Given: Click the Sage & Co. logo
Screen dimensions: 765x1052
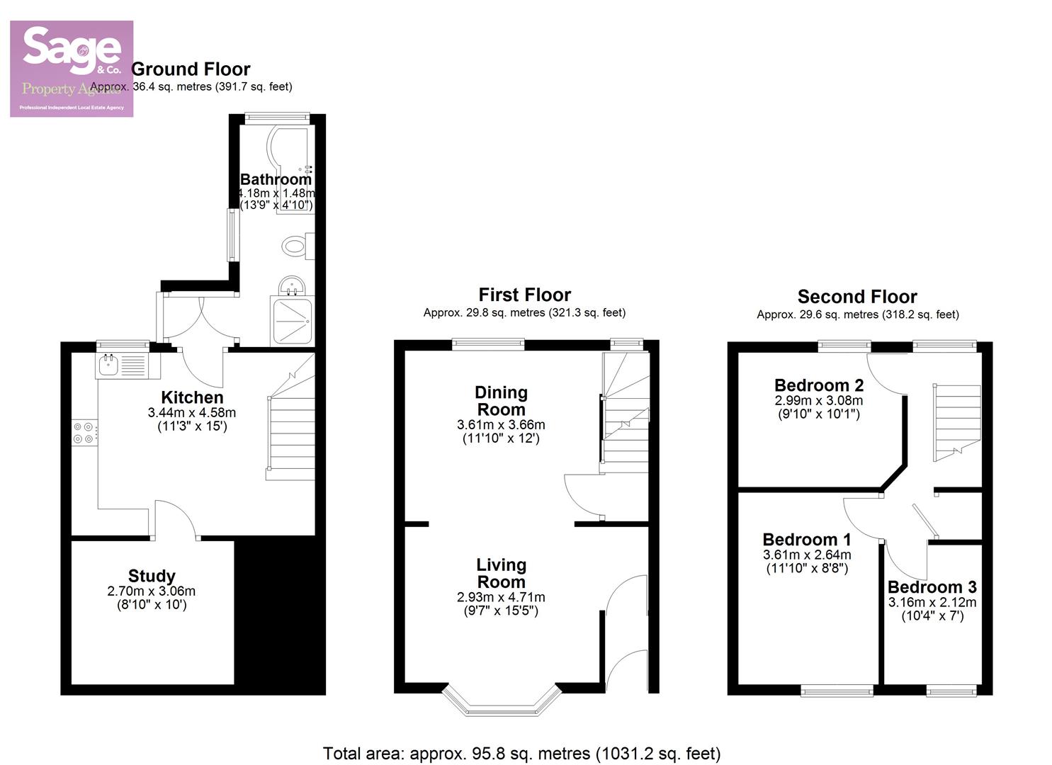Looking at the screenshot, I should [71, 69].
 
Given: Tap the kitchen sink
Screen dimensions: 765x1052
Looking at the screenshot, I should [121, 365].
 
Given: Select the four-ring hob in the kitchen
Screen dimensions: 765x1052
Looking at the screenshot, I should [84, 433].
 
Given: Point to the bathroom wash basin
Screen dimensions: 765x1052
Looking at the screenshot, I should [291, 286].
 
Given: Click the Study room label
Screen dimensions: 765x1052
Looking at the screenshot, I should [152, 576].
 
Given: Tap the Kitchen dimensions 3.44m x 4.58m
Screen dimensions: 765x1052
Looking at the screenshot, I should [192, 412].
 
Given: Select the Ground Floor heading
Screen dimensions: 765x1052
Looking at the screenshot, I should [191, 69].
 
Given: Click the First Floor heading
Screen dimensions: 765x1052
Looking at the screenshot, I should [524, 295].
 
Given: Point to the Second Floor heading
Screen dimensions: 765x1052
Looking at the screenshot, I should [857, 297].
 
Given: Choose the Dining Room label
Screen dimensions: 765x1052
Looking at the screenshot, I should [501, 401].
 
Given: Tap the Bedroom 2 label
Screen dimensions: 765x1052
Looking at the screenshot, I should [819, 385].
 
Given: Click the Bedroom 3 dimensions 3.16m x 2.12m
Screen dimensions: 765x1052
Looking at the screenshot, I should [932, 602].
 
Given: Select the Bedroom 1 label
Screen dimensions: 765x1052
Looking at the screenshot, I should [807, 540].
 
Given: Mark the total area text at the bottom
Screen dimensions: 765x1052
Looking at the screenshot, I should [521, 753].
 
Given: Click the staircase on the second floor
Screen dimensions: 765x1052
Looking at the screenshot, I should [956, 421].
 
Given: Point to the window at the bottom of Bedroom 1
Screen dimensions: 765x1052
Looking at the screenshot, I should [837, 690].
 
